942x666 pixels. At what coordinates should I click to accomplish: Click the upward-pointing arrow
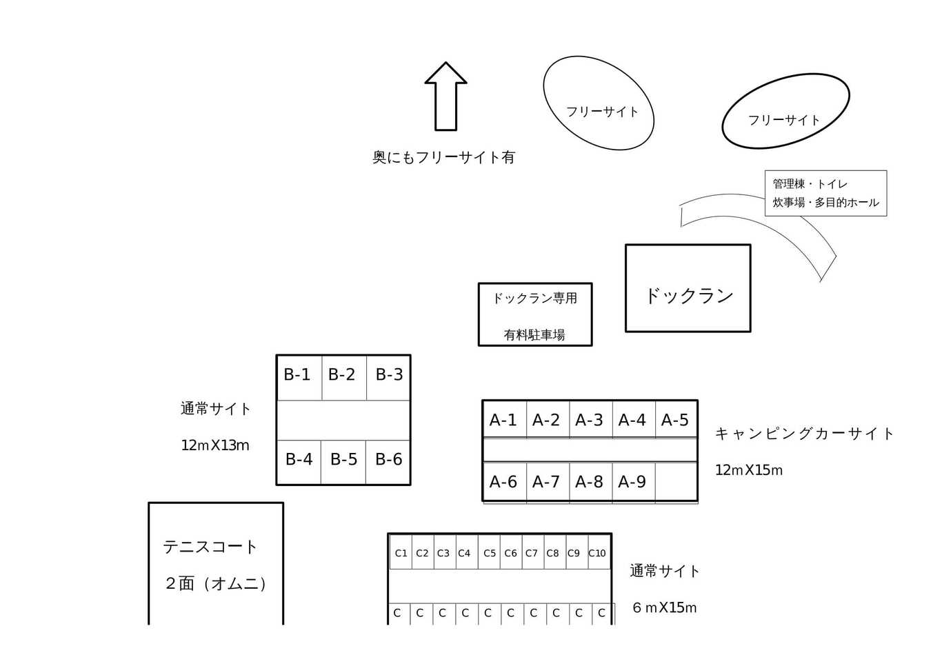445,97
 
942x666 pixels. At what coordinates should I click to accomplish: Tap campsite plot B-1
299,378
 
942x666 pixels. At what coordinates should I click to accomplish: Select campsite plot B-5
343,463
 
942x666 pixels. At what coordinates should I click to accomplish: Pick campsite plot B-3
388,378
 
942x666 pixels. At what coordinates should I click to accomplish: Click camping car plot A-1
505,419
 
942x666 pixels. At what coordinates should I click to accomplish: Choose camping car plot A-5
677,419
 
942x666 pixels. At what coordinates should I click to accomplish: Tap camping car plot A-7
548,481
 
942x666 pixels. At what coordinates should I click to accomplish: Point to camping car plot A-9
634,481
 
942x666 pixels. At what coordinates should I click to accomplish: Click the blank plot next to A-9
677,481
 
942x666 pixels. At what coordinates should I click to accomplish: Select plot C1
401,552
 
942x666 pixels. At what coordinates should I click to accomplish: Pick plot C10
599,552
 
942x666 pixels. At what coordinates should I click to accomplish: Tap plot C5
489,552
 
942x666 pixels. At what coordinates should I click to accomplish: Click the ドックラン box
688,288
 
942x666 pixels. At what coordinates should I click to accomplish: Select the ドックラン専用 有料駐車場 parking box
535,314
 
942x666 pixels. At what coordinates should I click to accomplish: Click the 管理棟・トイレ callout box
826,193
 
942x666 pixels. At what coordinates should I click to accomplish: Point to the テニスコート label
210,547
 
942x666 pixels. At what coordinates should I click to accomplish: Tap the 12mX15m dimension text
749,470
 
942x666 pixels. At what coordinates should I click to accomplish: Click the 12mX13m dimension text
215,445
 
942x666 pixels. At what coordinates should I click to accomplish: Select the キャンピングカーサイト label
804,434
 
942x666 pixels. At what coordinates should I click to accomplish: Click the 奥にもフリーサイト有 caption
443,157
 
